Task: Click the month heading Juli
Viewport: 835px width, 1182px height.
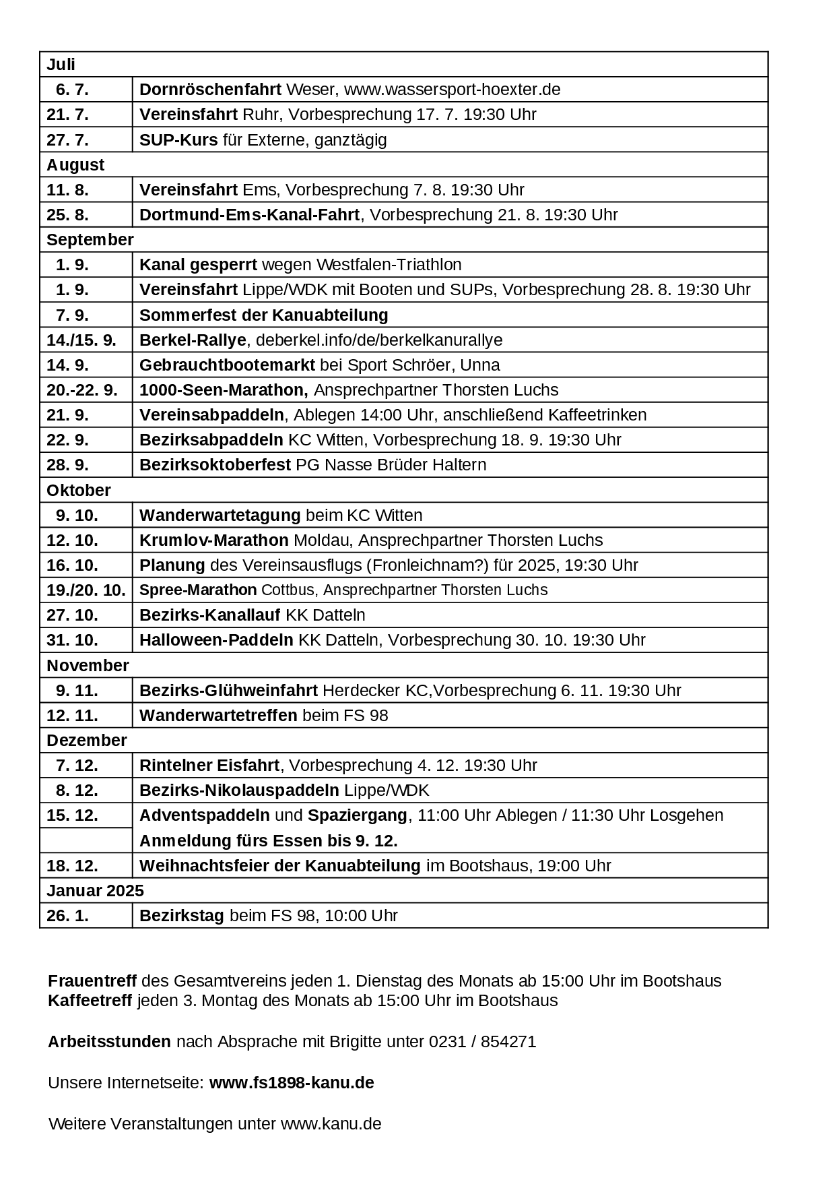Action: tap(61, 65)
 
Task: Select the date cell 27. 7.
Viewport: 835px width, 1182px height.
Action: tap(67, 140)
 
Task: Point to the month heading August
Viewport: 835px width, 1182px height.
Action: tap(75, 165)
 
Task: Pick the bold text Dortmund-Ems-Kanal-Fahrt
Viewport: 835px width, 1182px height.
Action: tap(249, 215)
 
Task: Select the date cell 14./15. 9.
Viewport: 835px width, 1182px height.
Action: tap(81, 340)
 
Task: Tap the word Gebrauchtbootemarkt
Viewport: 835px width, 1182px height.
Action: tap(227, 365)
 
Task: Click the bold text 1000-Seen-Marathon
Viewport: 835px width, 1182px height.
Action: tap(224, 390)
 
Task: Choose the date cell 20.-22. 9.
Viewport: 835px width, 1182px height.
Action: tap(82, 390)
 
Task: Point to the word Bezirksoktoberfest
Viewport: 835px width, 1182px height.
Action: tap(215, 465)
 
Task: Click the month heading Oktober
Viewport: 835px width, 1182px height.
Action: tap(78, 490)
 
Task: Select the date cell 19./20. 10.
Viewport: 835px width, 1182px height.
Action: tap(86, 590)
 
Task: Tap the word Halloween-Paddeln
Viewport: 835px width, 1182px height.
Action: tap(216, 640)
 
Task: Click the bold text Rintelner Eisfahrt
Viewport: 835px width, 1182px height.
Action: tap(209, 766)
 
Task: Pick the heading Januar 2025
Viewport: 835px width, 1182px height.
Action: tap(95, 891)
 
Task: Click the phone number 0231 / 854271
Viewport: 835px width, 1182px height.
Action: tap(482, 1042)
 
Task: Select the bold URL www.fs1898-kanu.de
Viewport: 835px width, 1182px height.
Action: tap(292, 1083)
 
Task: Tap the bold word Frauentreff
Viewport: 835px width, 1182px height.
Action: tap(92, 981)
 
